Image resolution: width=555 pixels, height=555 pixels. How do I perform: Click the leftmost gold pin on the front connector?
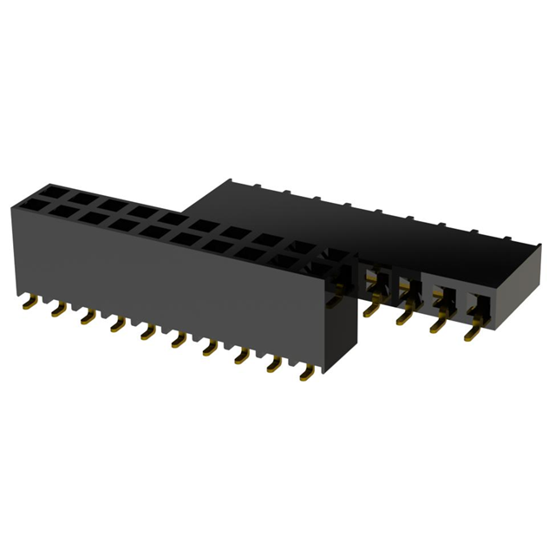click(29, 302)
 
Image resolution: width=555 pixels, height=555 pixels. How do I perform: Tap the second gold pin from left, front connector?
click(57, 310)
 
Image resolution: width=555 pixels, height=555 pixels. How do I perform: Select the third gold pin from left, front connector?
click(87, 318)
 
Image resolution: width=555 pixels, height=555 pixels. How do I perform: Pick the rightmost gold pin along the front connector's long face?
click(306, 374)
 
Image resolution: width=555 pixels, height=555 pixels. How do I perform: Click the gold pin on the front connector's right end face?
click(336, 300)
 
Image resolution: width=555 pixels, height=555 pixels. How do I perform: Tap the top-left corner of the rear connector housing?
click(227, 181)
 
